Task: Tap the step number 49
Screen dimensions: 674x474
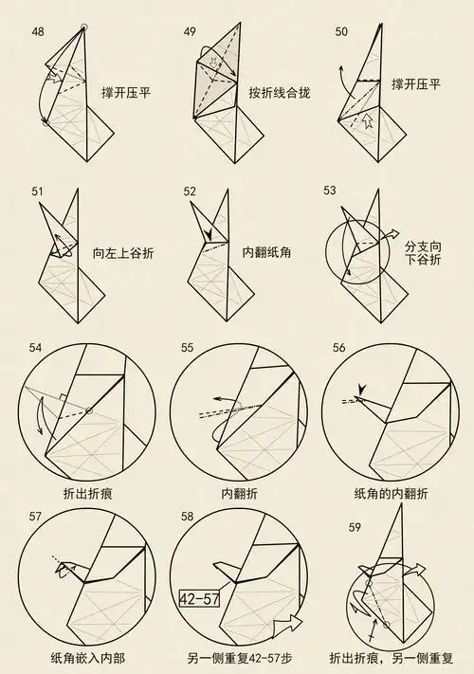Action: click(x=190, y=32)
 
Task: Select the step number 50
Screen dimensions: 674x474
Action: click(x=341, y=32)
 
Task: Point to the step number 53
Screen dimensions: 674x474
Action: click(x=330, y=191)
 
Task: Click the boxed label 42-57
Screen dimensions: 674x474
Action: click(x=199, y=597)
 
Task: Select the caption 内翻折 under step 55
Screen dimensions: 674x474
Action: click(x=238, y=494)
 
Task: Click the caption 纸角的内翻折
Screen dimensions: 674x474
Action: click(x=391, y=494)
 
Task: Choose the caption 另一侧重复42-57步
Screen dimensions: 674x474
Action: click(x=238, y=656)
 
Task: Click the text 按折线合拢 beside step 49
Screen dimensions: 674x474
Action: click(x=280, y=93)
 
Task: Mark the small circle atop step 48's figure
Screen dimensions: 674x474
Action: click(x=85, y=28)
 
